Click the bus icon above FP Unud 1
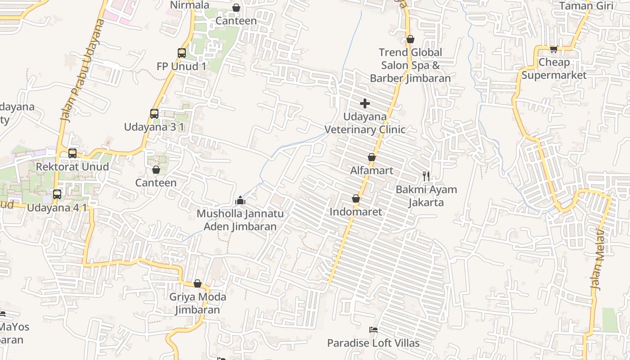[x=182, y=53]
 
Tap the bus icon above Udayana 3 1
[x=154, y=114]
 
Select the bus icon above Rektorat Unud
[x=72, y=153]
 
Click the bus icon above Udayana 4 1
[x=57, y=194]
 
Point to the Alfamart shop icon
[x=372, y=157]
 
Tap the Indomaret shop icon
[x=356, y=198]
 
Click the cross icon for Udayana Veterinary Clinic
[x=365, y=104]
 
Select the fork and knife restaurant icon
[x=426, y=176]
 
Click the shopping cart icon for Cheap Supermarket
[x=553, y=49]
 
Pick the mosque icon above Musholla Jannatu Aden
[x=240, y=200]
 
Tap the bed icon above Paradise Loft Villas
[x=373, y=330]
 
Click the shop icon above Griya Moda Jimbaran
[x=197, y=283]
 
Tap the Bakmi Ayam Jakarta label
[x=426, y=196]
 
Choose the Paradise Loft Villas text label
[x=373, y=343]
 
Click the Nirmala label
[x=189, y=5]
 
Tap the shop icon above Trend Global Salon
[x=410, y=40]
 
